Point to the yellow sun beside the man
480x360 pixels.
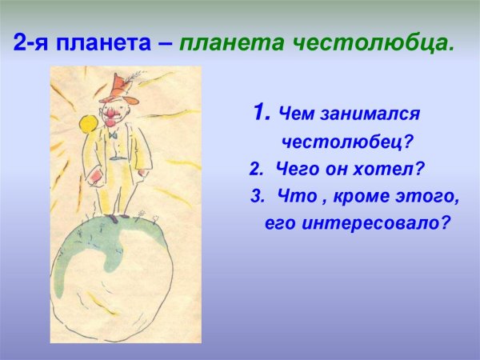pos(86,124)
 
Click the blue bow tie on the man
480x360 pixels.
pos(114,136)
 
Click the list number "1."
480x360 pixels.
pos(261,114)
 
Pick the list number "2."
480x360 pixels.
pos(256,169)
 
